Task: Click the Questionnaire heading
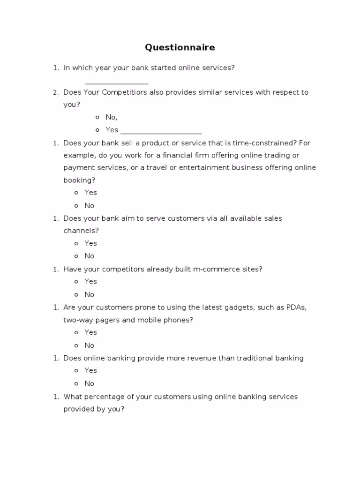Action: click(x=180, y=47)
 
